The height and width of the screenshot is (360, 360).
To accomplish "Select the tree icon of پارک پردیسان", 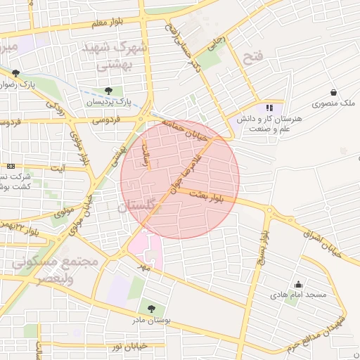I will click(x=108, y=91).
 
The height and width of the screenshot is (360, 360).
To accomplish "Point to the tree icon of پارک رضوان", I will click(x=15, y=73).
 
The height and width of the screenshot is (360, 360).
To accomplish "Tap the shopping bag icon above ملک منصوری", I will click(x=333, y=92).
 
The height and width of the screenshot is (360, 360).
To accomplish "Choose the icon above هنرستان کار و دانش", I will click(x=269, y=108).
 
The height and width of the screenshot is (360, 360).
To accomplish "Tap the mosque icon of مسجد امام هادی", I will click(x=299, y=285).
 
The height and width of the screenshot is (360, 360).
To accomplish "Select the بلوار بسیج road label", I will click(x=262, y=243).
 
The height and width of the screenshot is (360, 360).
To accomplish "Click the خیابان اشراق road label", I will click(x=322, y=238).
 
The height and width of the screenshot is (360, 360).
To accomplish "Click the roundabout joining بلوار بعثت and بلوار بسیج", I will click(x=269, y=210).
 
